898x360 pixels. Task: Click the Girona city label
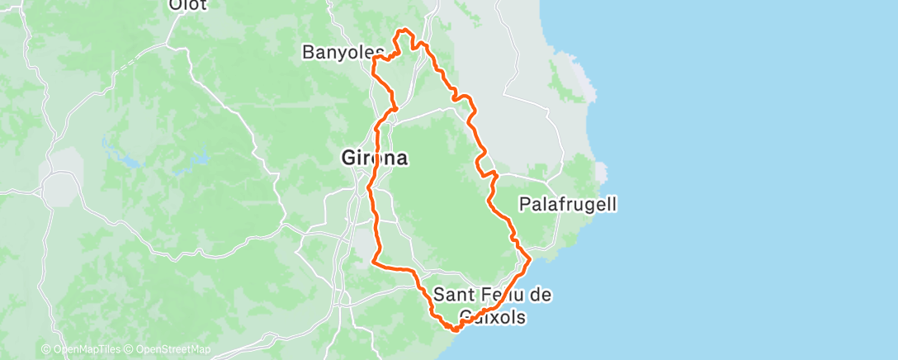374,158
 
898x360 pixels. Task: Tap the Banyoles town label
338,53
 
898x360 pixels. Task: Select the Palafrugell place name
568,203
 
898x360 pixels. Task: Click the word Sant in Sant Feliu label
453,294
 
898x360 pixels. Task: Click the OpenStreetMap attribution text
168,350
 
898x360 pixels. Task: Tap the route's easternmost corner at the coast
529,259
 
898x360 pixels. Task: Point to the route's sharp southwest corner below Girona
376,263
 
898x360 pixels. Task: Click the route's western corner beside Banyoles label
374,59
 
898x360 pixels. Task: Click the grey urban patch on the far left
59,188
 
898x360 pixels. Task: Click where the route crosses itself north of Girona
394,108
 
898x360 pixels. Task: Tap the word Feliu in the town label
502,294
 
